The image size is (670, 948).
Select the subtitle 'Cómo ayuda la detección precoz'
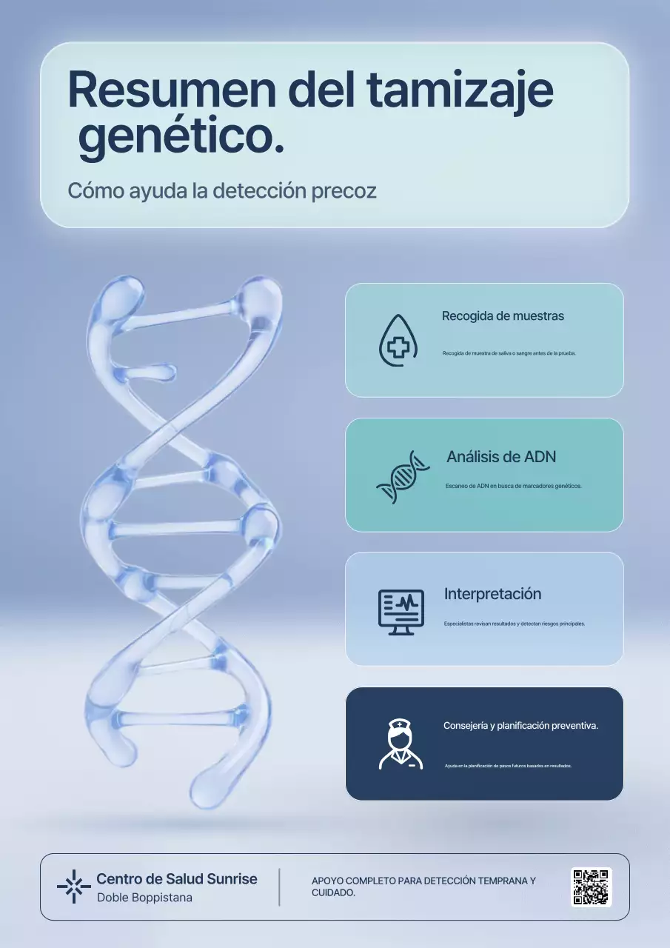[x=222, y=190]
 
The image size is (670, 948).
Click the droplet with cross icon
[x=398, y=340]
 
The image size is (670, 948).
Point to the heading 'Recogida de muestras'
[x=503, y=316]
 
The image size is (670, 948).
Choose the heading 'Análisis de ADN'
[x=501, y=456]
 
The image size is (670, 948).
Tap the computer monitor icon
[x=401, y=612]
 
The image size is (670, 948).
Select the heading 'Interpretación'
[x=492, y=594]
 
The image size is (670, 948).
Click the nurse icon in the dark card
[x=401, y=744]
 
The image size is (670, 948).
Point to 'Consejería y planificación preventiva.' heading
[x=520, y=725]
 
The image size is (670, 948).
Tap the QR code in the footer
[x=591, y=887]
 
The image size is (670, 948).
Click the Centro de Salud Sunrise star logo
[x=73, y=887]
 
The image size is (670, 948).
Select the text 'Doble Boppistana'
[x=144, y=898]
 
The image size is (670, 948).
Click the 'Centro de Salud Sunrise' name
[x=177, y=879]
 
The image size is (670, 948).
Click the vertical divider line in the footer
[x=279, y=887]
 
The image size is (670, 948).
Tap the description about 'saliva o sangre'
[x=509, y=353]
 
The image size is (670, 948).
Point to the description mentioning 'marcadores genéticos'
[x=513, y=486]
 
